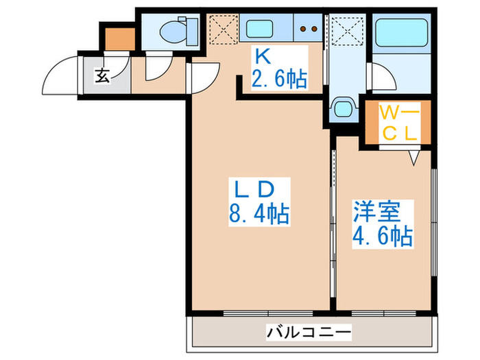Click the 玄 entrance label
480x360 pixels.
coord(102,75)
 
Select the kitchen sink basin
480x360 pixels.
coord(261,30)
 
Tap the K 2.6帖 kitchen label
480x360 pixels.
coord(278,71)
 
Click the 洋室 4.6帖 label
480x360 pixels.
coord(382,224)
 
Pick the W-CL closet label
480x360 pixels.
coord(399,121)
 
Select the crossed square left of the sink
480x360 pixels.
coord(223,30)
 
